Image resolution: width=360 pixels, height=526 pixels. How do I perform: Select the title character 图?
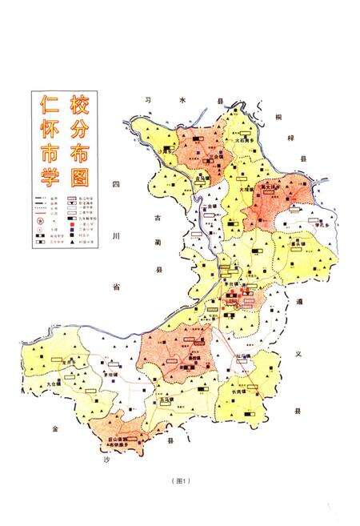pos(78,175)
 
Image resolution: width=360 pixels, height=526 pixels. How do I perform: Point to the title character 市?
pos(46,151)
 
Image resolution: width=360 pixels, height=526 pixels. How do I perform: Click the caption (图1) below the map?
pos(178,480)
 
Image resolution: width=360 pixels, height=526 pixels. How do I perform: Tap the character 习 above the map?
pos(146,100)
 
